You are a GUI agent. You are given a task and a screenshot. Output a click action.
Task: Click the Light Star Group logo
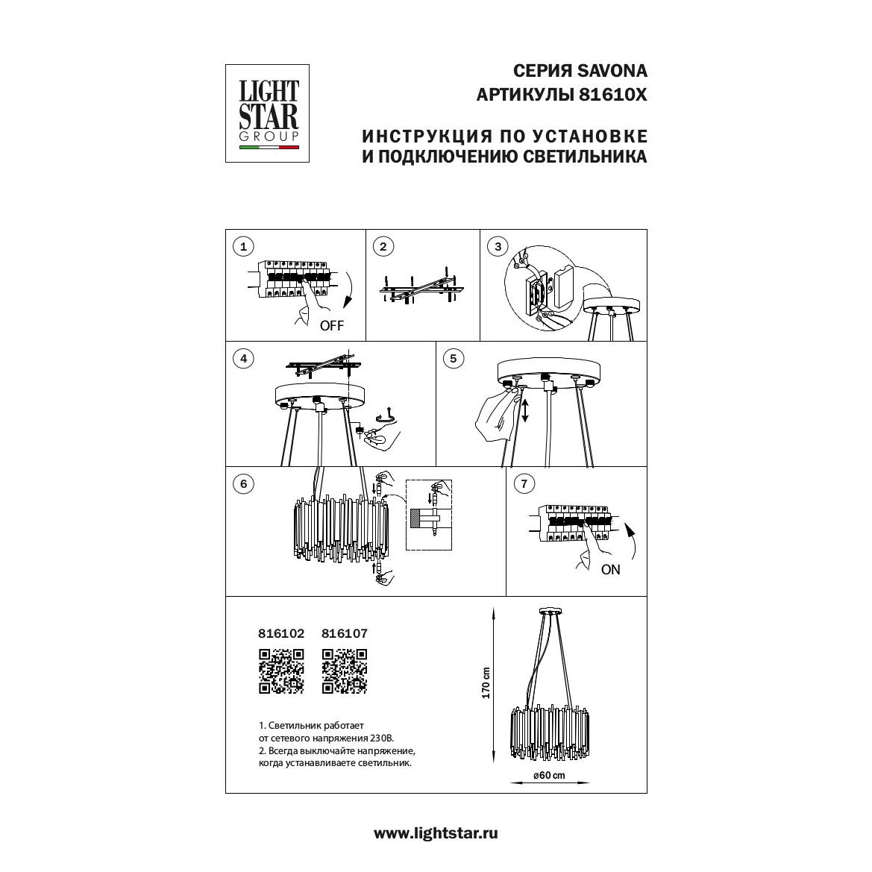pos(267,113)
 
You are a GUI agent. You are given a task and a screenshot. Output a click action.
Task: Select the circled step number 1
pos(243,246)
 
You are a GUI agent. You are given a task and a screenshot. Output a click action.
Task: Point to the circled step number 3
pos(498,246)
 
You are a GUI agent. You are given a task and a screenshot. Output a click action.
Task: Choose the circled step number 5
pos(454,359)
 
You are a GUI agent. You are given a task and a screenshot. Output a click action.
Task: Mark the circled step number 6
pos(243,484)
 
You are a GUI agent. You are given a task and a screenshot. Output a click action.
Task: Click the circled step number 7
pos(524,484)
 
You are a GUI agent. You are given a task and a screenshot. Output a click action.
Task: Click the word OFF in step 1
pos(332,326)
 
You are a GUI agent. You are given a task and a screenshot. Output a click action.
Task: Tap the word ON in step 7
pos(611,569)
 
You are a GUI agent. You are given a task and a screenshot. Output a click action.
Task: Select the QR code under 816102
pos(281,671)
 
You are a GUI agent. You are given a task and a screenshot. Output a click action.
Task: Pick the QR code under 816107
pos(345,671)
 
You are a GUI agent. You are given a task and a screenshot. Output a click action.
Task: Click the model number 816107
pos(345,633)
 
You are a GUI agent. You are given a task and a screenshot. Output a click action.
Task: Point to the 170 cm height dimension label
pos(486,683)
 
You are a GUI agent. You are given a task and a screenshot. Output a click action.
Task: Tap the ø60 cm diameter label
pos(549,775)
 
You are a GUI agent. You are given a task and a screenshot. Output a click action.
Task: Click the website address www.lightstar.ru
pos(436,833)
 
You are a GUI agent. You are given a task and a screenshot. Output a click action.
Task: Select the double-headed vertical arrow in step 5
pos(524,410)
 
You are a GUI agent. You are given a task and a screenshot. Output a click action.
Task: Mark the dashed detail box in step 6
pos(429,515)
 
